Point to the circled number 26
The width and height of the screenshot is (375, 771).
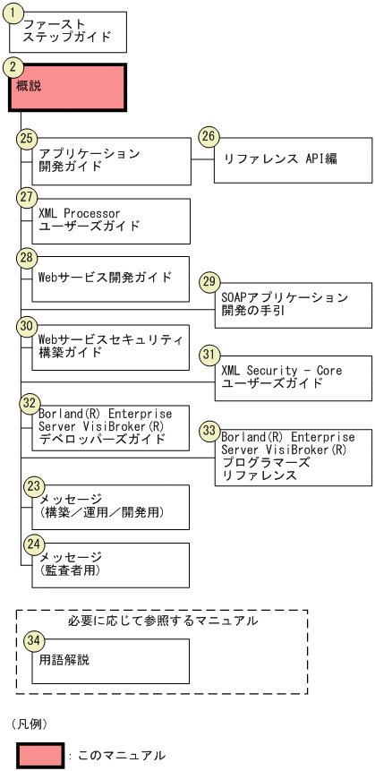[209, 137]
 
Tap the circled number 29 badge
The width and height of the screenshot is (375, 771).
[209, 281]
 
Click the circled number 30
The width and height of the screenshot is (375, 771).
[26, 326]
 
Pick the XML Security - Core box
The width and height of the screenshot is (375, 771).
[293, 376]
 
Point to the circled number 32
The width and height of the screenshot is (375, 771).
[30, 403]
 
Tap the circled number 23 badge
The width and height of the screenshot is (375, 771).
[33, 485]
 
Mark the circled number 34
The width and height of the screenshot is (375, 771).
[33, 640]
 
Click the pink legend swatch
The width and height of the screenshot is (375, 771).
[40, 754]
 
